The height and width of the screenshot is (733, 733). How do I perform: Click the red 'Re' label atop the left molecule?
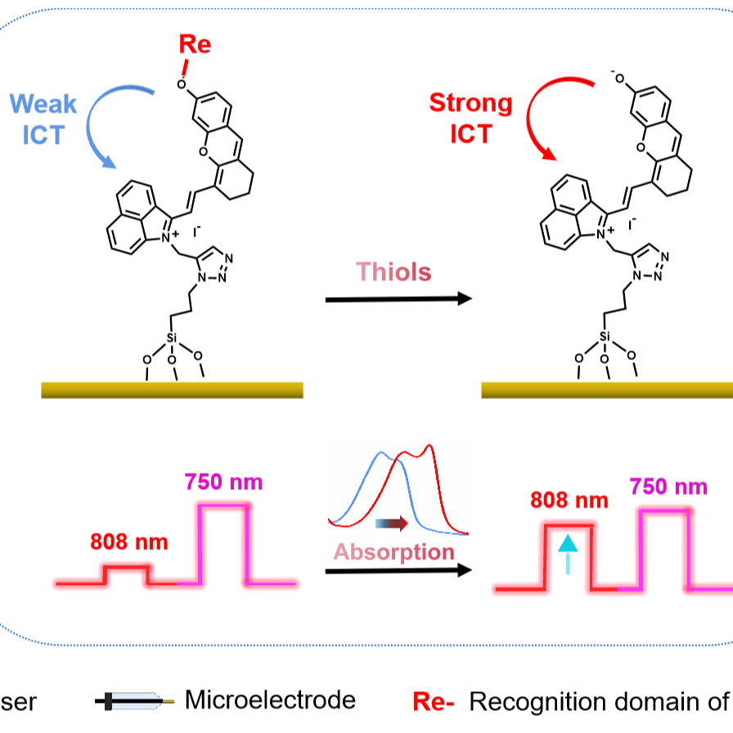[x=195, y=44]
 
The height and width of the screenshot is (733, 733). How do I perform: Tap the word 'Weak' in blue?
[x=43, y=104]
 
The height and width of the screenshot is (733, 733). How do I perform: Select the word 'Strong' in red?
[x=470, y=104]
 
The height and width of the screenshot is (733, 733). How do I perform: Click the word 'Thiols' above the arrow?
[x=393, y=272]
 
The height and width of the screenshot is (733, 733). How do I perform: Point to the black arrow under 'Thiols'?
[x=398, y=299]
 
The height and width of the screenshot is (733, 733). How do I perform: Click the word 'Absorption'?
[x=394, y=552]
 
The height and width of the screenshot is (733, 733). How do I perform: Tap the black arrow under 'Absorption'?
[x=398, y=570]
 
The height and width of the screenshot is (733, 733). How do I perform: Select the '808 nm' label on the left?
[x=129, y=542]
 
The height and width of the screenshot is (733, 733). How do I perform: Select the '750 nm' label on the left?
[x=223, y=482]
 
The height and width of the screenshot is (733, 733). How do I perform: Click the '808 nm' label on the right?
[x=569, y=500]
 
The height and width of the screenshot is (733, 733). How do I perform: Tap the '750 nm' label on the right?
[x=668, y=487]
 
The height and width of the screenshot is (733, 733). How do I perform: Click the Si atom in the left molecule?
[x=172, y=338]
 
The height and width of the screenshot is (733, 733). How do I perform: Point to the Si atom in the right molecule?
[x=605, y=336]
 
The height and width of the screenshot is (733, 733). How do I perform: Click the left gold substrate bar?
[x=172, y=390]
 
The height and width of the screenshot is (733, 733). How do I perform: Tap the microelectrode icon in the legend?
[x=134, y=701]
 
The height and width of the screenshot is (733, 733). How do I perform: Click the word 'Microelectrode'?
[x=270, y=700]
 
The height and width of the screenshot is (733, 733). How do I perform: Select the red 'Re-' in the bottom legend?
[x=434, y=702]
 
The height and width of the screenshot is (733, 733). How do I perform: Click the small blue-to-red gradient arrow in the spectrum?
[x=392, y=524]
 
